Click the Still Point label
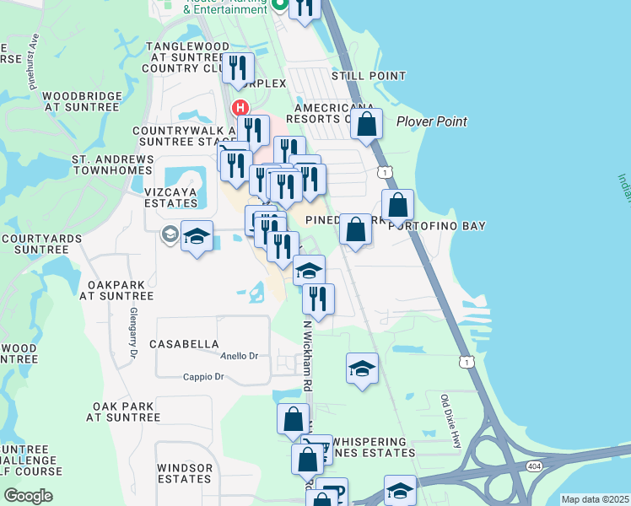(369, 76)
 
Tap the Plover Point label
(432, 121)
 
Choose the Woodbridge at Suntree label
(81, 102)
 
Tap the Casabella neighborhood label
(184, 344)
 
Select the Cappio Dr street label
(203, 377)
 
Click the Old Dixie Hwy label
(452, 420)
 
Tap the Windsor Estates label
(184, 473)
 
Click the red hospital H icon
(240, 108)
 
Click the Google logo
(28, 496)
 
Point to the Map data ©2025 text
(595, 499)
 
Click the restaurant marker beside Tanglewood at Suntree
(239, 67)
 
